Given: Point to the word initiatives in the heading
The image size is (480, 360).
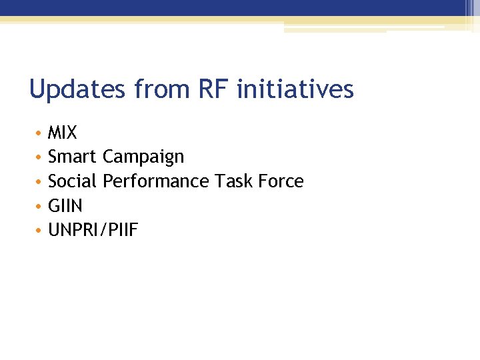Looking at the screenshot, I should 295,89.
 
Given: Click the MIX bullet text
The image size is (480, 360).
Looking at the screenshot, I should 63,133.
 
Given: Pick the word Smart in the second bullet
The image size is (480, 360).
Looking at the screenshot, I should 73,157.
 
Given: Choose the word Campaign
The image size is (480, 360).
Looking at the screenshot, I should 143,157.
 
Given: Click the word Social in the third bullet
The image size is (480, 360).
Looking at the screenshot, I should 73,181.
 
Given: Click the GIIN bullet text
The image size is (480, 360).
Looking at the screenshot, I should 65,206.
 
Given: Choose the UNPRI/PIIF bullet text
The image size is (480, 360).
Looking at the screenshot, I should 93,231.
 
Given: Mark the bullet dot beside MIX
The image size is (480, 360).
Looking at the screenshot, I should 39,133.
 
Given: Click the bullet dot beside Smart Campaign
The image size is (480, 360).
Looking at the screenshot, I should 39,158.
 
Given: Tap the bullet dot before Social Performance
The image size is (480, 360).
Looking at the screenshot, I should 39,182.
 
